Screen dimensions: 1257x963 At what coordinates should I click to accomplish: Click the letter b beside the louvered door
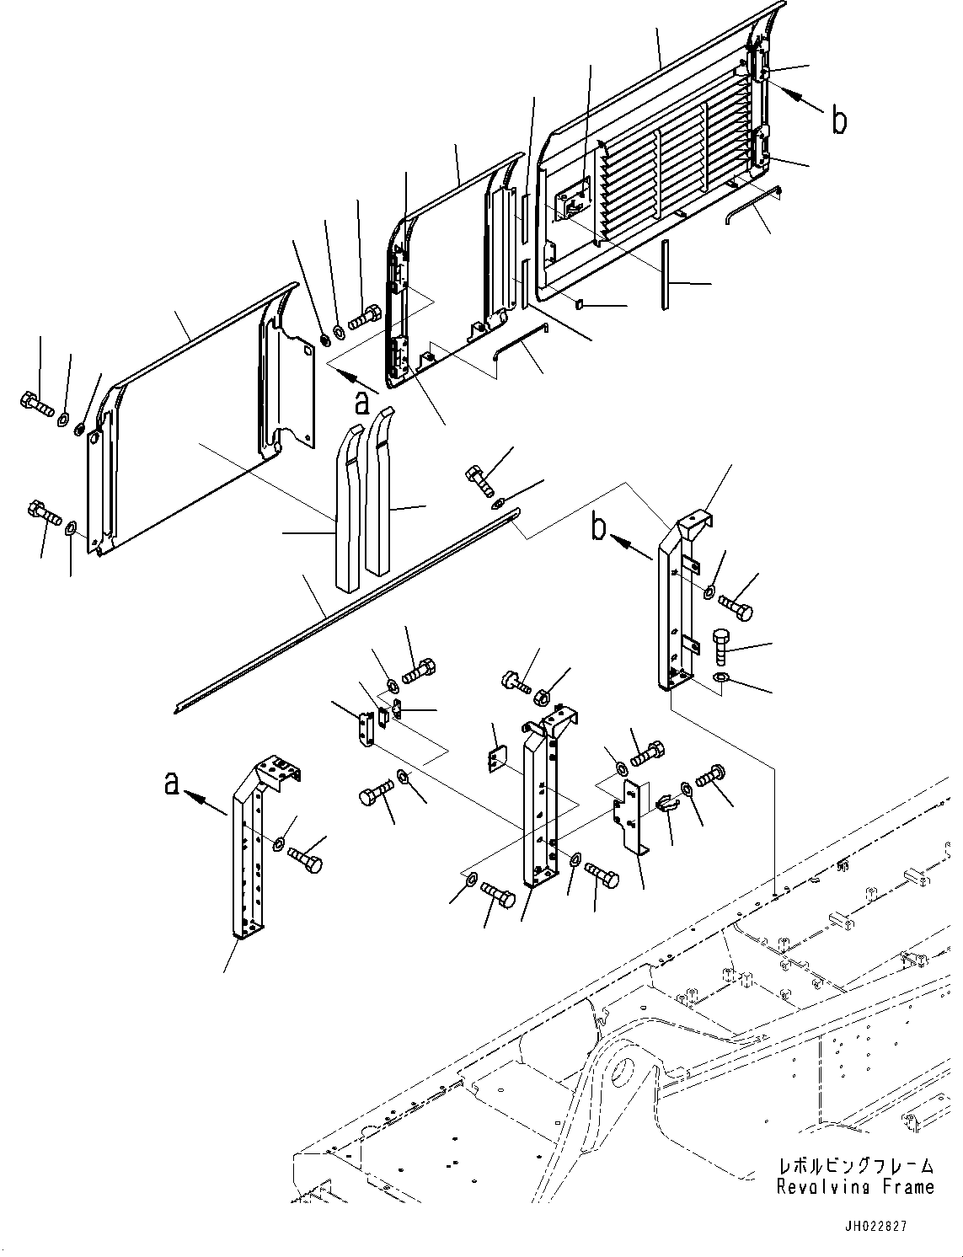(838, 120)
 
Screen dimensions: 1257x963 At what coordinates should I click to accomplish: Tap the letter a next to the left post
(172, 784)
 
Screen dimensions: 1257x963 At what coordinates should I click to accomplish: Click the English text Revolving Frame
(855, 1186)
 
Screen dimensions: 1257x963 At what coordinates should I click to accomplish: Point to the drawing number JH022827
(879, 1228)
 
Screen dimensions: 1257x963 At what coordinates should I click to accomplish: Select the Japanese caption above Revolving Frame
(855, 1166)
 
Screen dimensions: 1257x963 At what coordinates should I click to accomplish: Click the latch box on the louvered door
(575, 202)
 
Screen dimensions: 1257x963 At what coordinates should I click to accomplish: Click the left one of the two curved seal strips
(348, 505)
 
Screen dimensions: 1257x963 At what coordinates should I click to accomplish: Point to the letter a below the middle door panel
(361, 403)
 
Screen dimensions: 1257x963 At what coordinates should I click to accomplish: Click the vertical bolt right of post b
(724, 647)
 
